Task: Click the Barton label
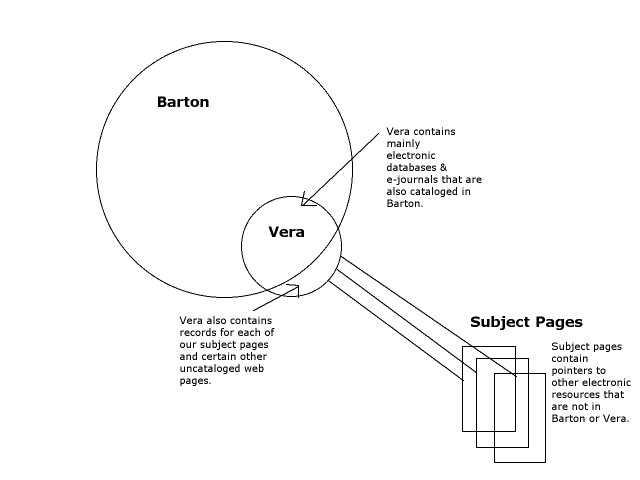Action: pos(183,102)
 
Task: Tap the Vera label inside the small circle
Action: pos(286,232)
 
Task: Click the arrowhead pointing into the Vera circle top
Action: pos(306,200)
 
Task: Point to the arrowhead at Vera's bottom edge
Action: pos(292,291)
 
